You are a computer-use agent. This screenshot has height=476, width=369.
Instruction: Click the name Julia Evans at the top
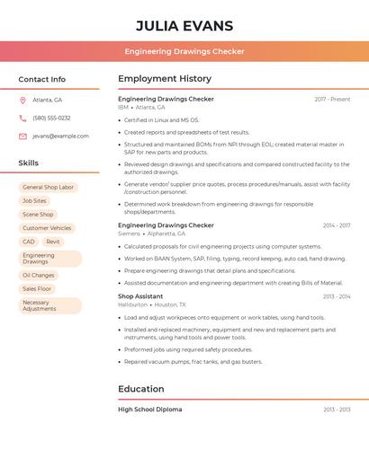[x=184, y=26]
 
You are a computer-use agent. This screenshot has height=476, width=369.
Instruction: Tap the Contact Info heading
[x=41, y=79]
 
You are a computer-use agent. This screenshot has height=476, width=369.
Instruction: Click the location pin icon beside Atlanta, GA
[x=22, y=101]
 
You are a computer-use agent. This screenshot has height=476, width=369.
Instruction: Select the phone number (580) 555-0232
[x=51, y=118]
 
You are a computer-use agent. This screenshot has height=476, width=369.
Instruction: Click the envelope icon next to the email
[x=22, y=137]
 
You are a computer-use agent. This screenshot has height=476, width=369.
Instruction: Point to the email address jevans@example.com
[x=60, y=137]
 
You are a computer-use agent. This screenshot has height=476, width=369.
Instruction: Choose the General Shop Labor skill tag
[x=49, y=188]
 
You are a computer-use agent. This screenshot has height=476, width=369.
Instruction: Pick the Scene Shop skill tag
[x=38, y=215]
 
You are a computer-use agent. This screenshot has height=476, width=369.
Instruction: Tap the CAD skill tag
[x=29, y=242]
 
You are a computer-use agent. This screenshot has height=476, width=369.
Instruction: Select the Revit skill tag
[x=53, y=242]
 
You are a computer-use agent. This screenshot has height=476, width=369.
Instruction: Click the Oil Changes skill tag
[x=39, y=275]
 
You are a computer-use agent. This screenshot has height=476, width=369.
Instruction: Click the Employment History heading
[x=165, y=79]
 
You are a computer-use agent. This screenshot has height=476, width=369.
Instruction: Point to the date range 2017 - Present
[x=332, y=99]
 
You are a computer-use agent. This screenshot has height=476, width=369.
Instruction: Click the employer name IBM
[x=123, y=108]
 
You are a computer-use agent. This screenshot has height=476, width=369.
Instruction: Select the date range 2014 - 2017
[x=337, y=225]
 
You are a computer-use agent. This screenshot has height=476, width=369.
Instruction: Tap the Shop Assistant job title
[x=140, y=296]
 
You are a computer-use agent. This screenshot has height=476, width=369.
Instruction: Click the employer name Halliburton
[x=132, y=305]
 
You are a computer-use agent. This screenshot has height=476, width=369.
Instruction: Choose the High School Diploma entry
[x=149, y=410]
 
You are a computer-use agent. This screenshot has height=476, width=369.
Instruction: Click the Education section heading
[x=141, y=389]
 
